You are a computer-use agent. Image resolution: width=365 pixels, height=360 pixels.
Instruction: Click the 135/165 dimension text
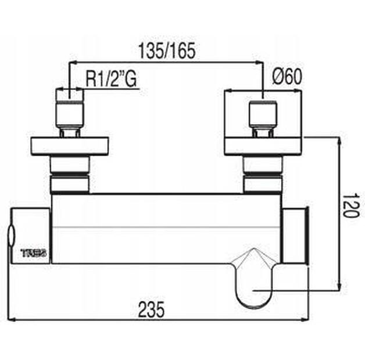click(166, 51)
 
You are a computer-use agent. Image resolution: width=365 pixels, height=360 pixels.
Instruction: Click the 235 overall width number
click(153, 309)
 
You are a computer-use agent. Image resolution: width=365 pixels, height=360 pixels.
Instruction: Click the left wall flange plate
click(69, 145)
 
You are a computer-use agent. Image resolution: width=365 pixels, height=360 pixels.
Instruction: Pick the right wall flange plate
click(263, 145)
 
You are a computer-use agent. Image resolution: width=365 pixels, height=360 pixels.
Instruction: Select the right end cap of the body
click(295, 235)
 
